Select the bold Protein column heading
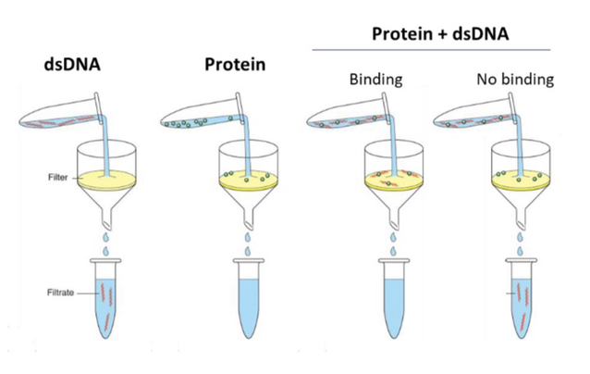coord(234,66)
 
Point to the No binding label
coord(514,79)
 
